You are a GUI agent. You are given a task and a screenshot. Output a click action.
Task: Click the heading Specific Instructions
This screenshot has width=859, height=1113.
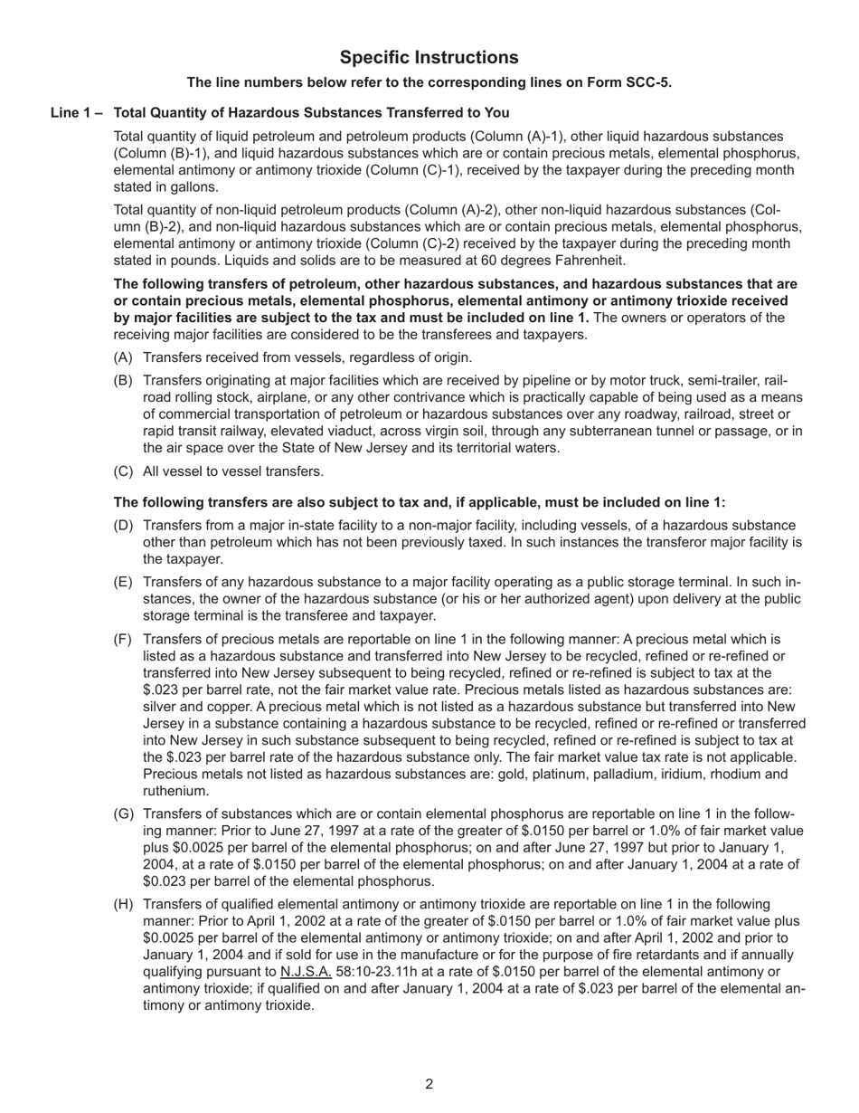(429, 58)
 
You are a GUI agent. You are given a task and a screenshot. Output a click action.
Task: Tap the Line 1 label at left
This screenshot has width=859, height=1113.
(76, 113)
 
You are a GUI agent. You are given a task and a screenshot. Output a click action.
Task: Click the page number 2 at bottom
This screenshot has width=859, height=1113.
(429, 1085)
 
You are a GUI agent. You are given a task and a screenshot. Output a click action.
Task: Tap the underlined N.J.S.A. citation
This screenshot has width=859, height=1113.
(306, 972)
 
